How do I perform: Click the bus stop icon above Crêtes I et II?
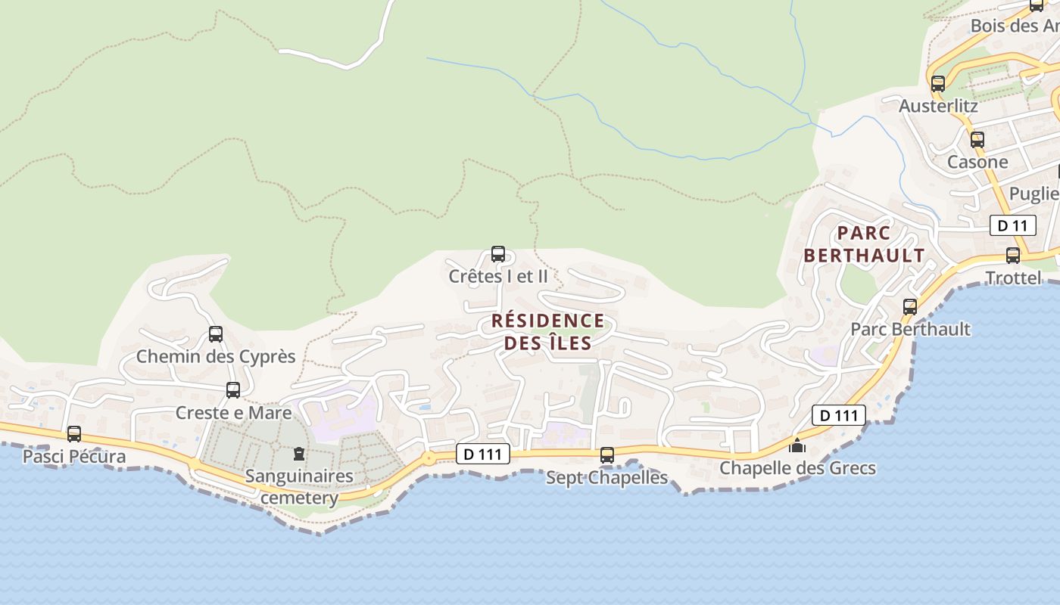pos(498,254)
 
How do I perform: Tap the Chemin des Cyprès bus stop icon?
pos(216,334)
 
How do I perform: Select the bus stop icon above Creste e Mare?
pos(233,390)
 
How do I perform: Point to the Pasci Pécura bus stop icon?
pos(74,434)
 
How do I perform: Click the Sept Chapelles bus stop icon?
pos(607,455)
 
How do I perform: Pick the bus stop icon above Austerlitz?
pos(938,84)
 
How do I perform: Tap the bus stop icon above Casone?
pos(977,140)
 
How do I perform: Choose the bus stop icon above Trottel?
pos(1013,256)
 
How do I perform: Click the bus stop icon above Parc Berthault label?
pos(910,307)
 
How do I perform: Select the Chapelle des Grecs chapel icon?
pos(797,445)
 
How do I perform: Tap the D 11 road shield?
pos(1012,225)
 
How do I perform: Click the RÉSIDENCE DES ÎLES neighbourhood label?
pos(547,332)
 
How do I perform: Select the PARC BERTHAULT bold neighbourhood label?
pos(864,244)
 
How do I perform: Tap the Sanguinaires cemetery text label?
pos(299,487)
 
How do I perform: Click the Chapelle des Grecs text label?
pos(797,468)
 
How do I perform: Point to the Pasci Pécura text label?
pos(74,457)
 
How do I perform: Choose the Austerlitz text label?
pos(938,106)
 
